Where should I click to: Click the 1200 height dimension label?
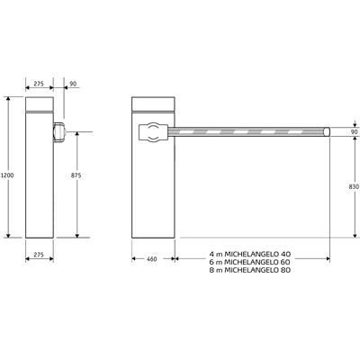point(7,175)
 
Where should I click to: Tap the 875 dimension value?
point(76,175)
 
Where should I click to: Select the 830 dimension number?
point(354,186)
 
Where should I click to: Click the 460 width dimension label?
point(152,259)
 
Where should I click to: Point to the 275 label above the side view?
point(39,84)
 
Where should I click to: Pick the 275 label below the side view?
point(39,255)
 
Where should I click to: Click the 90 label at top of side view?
point(73,84)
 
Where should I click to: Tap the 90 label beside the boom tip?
point(355,132)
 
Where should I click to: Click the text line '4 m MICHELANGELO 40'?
point(250,254)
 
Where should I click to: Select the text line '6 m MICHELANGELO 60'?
point(250,262)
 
